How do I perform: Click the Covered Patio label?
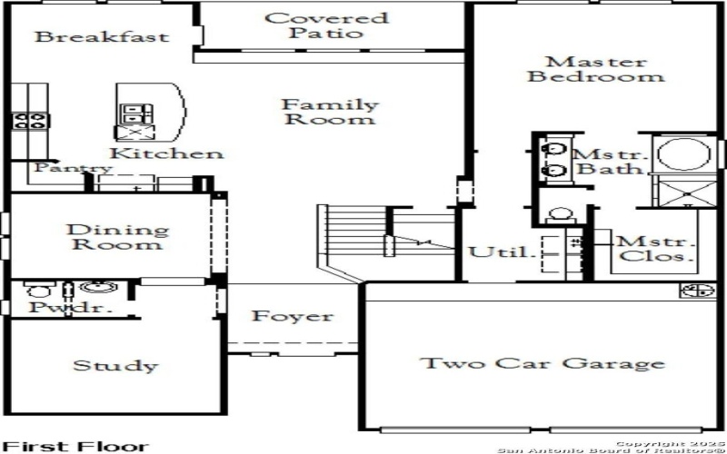(325, 25)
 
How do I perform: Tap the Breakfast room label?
(102, 37)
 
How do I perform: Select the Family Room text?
(329, 112)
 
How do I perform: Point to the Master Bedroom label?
(595, 69)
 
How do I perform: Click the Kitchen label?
(167, 153)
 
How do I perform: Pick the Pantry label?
(73, 169)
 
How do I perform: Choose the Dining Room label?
(118, 238)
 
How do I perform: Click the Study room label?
(115, 366)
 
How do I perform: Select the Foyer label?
(292, 317)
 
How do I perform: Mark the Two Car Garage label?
(542, 364)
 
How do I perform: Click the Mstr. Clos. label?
(656, 250)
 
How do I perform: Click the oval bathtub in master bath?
(682, 154)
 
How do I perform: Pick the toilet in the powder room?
(38, 291)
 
